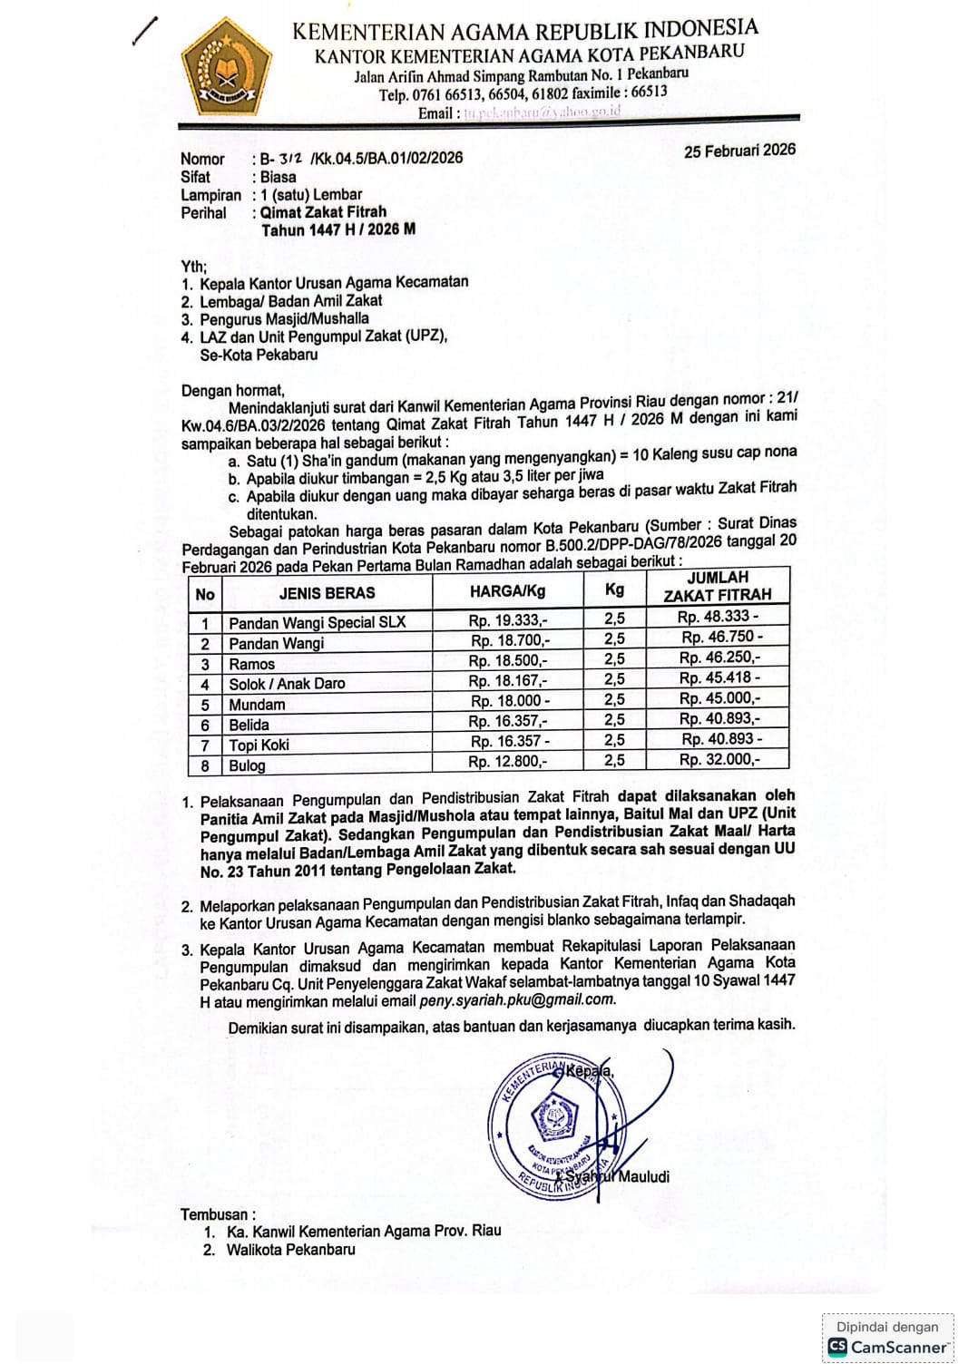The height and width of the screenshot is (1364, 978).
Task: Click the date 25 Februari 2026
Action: (x=739, y=151)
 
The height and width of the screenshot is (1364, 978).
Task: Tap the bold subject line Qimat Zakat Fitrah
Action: (x=324, y=212)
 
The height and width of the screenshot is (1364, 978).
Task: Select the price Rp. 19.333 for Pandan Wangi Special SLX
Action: (x=508, y=621)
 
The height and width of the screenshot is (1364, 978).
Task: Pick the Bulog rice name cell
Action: (x=247, y=765)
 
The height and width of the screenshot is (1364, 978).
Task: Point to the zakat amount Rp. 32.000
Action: (x=719, y=760)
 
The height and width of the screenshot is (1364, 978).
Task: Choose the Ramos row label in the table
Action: (x=251, y=664)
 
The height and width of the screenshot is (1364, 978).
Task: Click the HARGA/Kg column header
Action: (x=508, y=591)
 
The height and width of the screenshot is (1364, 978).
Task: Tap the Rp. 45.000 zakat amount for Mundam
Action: (x=719, y=698)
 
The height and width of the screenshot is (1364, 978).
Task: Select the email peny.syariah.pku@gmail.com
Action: (x=517, y=1000)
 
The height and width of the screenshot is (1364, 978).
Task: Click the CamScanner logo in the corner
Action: (x=888, y=1347)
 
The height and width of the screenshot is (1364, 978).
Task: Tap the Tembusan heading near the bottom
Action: (x=218, y=1214)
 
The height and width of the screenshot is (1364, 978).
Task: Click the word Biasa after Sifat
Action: (x=278, y=177)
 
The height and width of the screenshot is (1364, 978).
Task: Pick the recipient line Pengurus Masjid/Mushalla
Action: (x=284, y=318)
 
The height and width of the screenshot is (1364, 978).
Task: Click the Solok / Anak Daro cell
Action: (x=287, y=684)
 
